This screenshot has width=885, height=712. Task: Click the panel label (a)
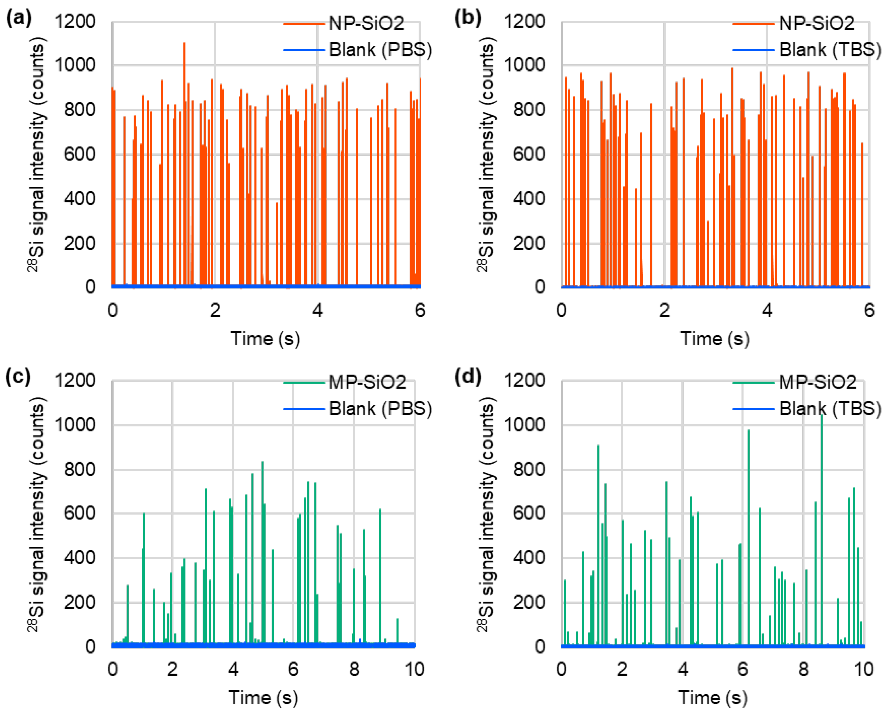tap(18, 18)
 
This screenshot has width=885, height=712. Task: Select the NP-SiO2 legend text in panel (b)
tap(817, 23)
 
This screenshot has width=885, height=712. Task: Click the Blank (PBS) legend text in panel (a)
tap(380, 50)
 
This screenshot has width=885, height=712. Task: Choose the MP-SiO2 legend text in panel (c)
tap(367, 382)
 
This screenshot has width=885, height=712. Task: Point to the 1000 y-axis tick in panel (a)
tap(75, 65)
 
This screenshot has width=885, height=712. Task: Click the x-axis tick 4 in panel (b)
tap(767, 310)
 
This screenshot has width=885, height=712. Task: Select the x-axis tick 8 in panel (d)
tap(803, 669)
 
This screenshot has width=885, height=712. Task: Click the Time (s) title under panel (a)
tap(265, 339)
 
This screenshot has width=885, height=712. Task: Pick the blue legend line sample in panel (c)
tap(304, 409)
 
